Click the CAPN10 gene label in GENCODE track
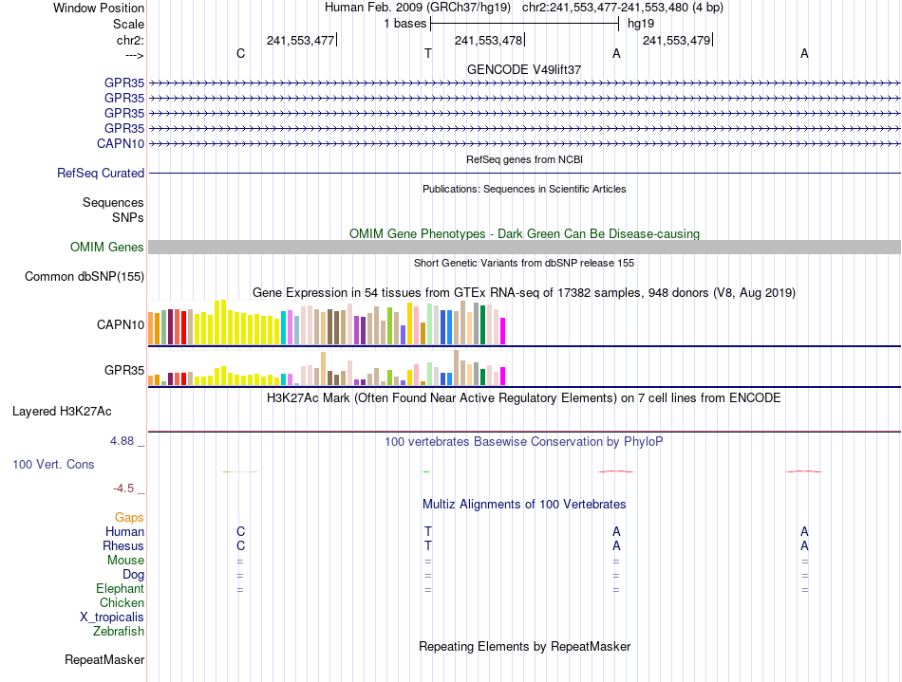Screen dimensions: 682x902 coord(121,143)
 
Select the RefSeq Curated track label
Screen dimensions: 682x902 coord(101,174)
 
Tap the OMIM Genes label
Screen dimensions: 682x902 coord(107,248)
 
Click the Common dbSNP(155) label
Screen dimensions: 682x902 coord(85,277)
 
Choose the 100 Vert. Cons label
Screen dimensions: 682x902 coord(53,465)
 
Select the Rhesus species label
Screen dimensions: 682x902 coord(123,546)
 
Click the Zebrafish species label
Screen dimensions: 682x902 coord(119,631)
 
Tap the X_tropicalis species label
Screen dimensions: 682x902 coord(112,617)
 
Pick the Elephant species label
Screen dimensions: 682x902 coord(120,589)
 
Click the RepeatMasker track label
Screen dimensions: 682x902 coord(104,659)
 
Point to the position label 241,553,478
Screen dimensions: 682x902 coord(488,40)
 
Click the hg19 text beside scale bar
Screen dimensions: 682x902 coord(640,23)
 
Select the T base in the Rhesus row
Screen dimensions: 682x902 coord(428,546)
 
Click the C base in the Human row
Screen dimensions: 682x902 coord(241,532)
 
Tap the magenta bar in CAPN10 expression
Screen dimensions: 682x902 coord(502,331)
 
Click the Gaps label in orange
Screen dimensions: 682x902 coord(129,518)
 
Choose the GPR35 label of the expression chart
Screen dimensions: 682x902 coord(124,370)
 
